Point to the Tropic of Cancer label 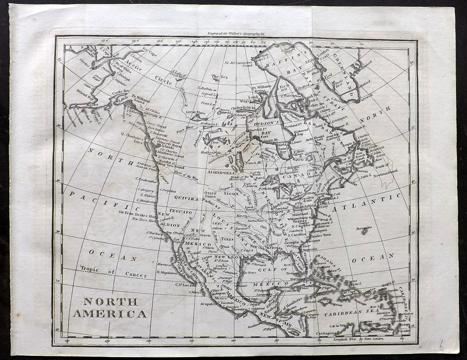point(113,272)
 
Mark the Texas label point(227,239)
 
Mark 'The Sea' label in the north point(219,76)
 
